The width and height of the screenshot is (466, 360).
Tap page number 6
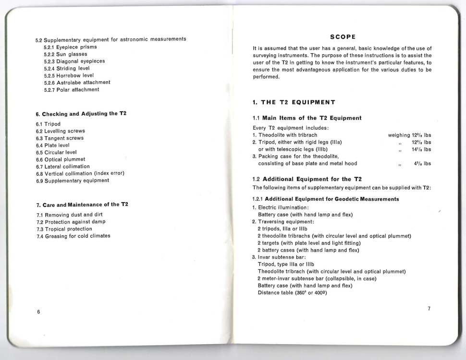click(x=38, y=312)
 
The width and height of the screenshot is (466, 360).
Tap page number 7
click(x=429, y=308)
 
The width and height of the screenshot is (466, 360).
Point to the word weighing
click(x=398, y=135)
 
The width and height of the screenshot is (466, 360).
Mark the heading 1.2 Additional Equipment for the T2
click(x=307, y=179)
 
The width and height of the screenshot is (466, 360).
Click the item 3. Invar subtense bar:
click(x=276, y=257)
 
